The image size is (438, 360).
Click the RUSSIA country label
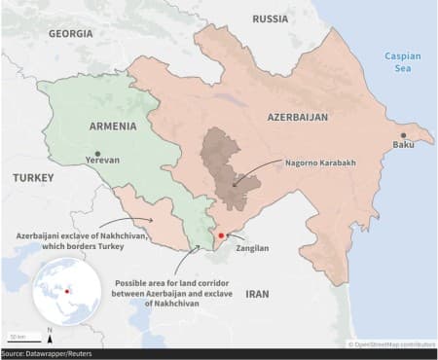(270, 18)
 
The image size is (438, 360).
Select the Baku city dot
(402, 136)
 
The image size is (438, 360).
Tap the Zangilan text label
(251, 248)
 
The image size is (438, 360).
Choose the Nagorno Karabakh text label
(320, 162)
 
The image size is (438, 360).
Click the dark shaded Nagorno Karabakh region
(227, 156)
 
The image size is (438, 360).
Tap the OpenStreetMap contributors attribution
(390, 343)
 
